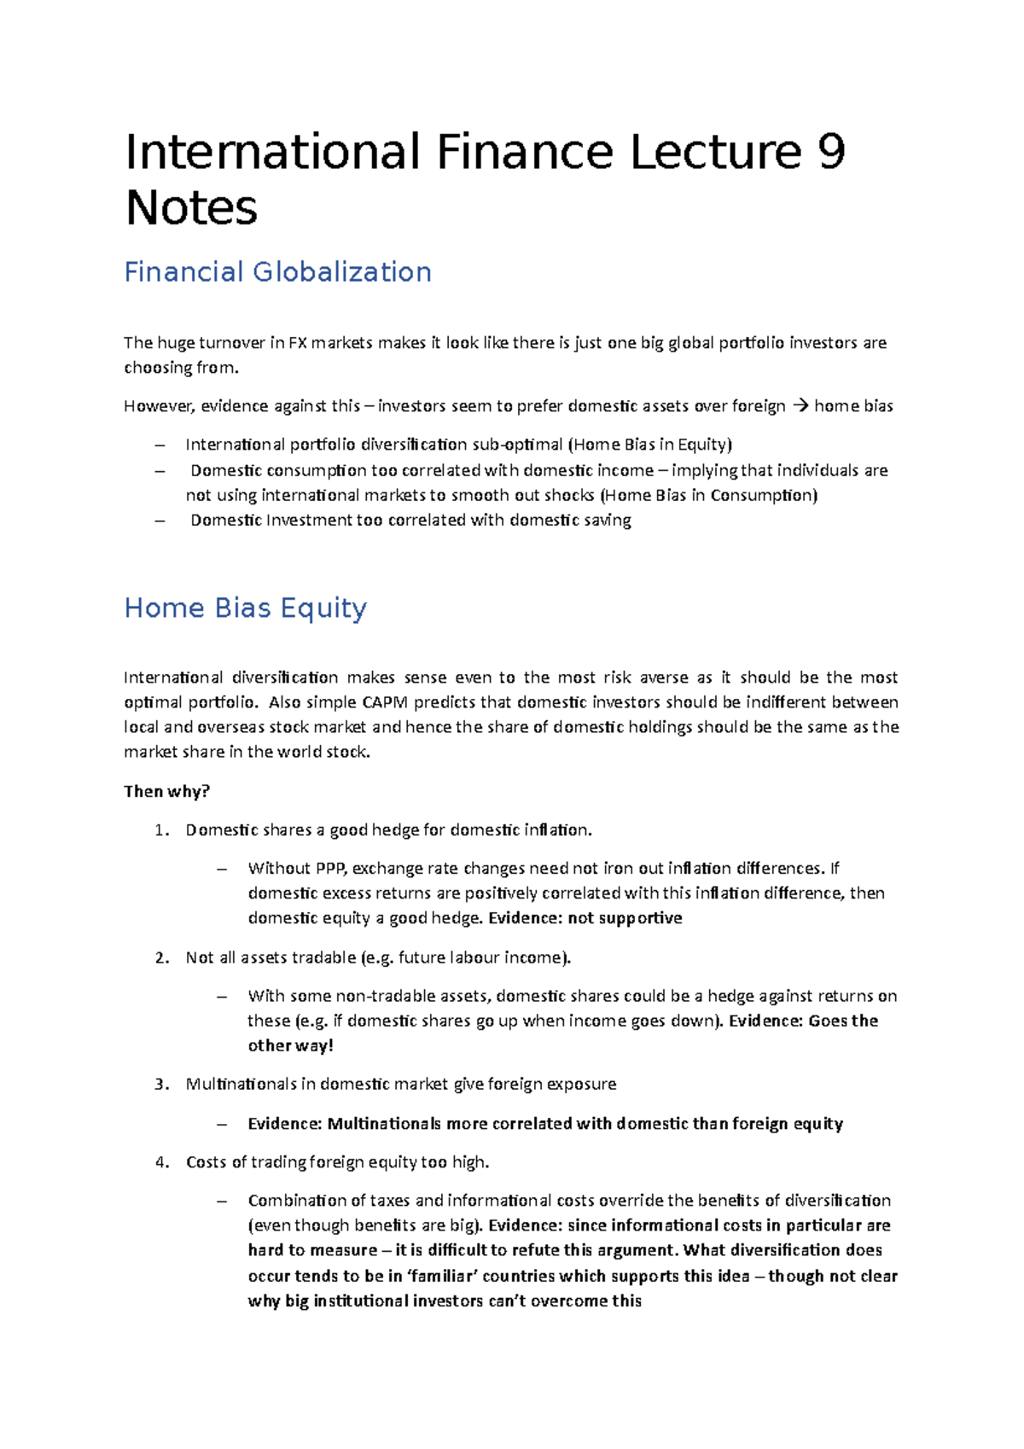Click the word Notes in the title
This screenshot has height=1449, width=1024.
tap(191, 208)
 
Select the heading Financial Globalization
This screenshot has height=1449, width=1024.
tap(277, 272)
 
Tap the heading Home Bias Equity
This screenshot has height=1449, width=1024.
tap(245, 608)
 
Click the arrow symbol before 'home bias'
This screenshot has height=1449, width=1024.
tap(800, 406)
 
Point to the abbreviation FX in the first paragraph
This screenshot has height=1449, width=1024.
tap(298, 343)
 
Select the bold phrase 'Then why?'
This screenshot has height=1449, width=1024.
tap(166, 792)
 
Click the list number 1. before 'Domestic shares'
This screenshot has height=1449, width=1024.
tap(161, 830)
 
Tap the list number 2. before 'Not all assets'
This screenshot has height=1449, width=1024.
tap(161, 957)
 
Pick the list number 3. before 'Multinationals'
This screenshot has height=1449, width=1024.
tap(161, 1085)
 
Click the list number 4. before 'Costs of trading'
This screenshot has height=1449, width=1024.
tap(161, 1162)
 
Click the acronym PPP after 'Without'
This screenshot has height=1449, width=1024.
tap(330, 869)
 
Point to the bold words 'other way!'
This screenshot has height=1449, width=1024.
tap(290, 1046)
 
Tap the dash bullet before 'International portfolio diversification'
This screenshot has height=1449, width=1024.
tap(160, 445)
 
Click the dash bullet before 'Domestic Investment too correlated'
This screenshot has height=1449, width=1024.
tap(160, 521)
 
